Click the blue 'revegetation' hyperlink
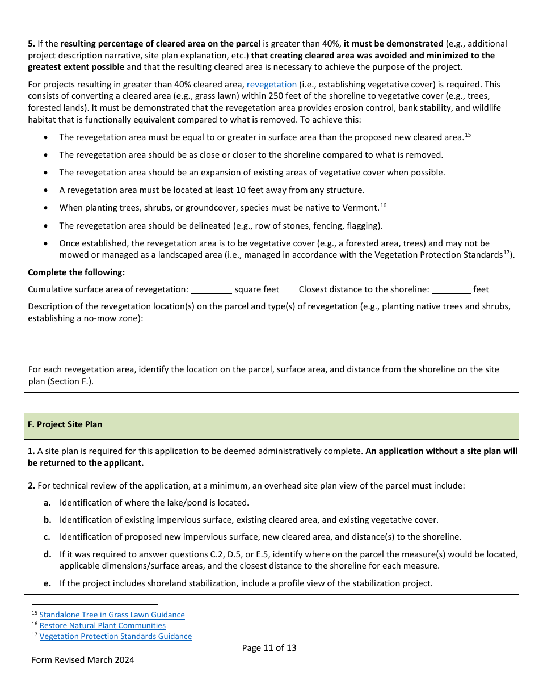click(x=271, y=85)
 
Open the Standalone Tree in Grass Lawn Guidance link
click(x=112, y=615)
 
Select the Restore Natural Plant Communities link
click(x=102, y=625)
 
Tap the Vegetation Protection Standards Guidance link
click(x=115, y=636)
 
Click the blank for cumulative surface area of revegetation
click(x=211, y=289)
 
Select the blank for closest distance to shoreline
click(x=451, y=289)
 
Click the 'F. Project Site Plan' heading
click(x=65, y=424)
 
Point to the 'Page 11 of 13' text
click(x=269, y=648)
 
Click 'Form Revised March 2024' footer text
click(x=83, y=660)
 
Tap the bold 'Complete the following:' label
click(x=76, y=272)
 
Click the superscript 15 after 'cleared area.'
click(x=468, y=134)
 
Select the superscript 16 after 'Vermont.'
click(x=384, y=205)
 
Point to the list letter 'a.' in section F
click(x=48, y=503)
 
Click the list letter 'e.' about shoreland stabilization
click(x=48, y=583)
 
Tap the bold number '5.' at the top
click(x=31, y=44)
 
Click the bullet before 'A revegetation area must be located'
click(x=46, y=191)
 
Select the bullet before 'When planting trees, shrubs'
click(x=46, y=208)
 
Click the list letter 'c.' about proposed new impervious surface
click(x=48, y=537)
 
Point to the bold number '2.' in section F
click(x=31, y=486)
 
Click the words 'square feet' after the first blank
click(x=256, y=289)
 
